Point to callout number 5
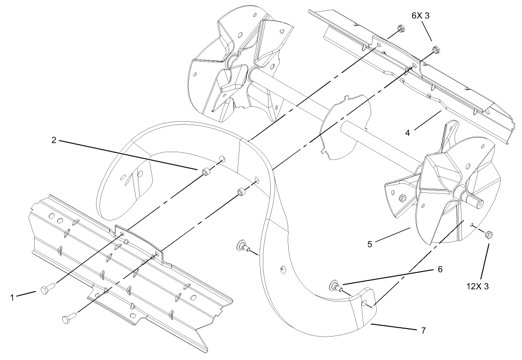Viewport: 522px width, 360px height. click(x=369, y=244)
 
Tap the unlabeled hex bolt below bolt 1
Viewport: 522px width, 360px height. click(x=67, y=319)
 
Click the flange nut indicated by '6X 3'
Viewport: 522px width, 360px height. click(x=435, y=48)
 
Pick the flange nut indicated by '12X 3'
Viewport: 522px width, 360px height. click(x=487, y=234)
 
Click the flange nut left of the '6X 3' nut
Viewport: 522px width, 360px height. click(x=400, y=29)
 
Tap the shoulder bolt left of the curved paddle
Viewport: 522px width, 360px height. click(x=244, y=245)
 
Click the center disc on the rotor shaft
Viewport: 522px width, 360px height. click(x=346, y=126)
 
